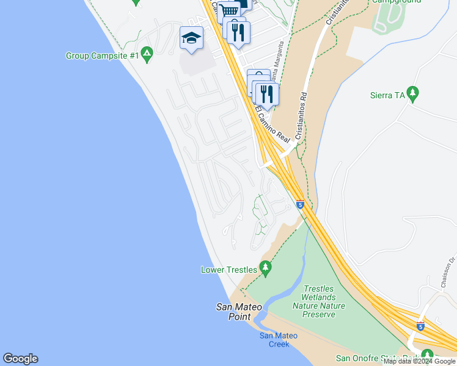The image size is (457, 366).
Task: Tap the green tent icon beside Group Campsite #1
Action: click(x=147, y=55)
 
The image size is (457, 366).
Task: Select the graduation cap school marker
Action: click(x=192, y=38)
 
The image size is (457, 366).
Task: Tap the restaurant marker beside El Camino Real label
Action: click(x=266, y=93)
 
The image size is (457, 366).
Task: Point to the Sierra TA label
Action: click(x=388, y=95)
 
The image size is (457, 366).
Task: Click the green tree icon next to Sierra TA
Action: click(x=413, y=94)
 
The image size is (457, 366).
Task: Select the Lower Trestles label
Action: click(x=229, y=269)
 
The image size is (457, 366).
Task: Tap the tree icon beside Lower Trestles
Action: click(x=265, y=267)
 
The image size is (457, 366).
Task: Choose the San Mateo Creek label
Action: click(x=279, y=340)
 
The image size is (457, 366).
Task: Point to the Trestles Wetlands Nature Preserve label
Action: click(x=318, y=301)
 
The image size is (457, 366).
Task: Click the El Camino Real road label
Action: click(x=272, y=124)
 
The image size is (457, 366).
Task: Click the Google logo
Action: click(x=20, y=359)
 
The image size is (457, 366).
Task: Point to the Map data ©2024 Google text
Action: click(x=419, y=361)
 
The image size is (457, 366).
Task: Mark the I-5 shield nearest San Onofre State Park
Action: click(x=420, y=326)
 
